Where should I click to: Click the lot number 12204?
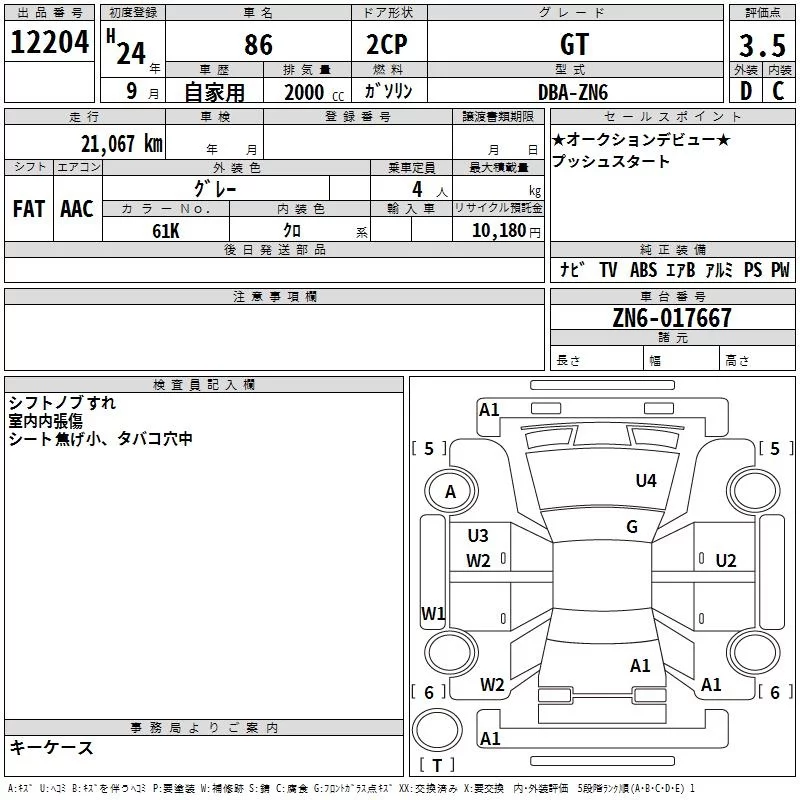pos(49,42)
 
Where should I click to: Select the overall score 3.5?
pos(762,46)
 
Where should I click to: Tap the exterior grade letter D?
pos(746,91)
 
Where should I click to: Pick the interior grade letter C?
pos(778,91)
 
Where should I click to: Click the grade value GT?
pos(574,44)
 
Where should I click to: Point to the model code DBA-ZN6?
pos(573,92)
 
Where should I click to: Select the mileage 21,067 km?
pos(122,144)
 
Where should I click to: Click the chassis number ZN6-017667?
pos(672,318)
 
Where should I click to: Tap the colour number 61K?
pos(166,231)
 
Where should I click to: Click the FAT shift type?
pos(29,209)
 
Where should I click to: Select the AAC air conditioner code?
pos(77,209)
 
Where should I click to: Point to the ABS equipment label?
pos(643,270)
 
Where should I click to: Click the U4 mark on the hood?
pos(646,481)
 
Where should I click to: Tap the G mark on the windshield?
pos(632,527)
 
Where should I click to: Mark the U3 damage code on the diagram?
pos(478,536)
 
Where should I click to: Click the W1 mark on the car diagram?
pos(433,613)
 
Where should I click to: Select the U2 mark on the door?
pos(726,561)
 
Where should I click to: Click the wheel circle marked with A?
pos(451,491)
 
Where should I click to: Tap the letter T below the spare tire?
pos(437,765)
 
